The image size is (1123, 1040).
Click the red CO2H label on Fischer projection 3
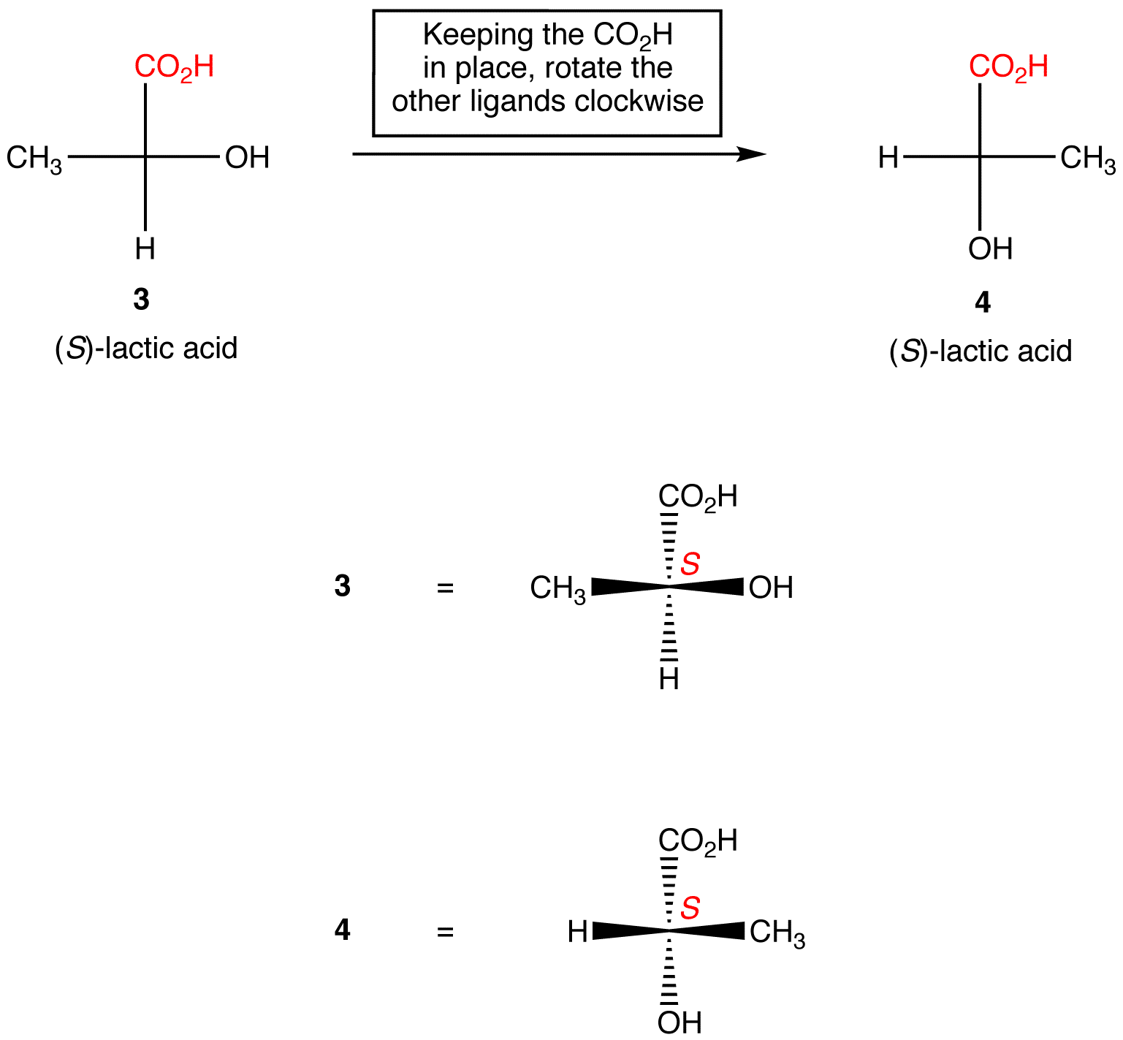pyautogui.click(x=174, y=67)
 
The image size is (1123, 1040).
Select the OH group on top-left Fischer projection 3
pyautogui.click(x=247, y=158)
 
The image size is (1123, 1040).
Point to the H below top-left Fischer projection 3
pyautogui.click(x=145, y=249)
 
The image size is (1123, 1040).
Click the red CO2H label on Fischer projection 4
pyautogui.click(x=1008, y=67)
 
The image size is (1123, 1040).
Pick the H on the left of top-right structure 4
pyautogui.click(x=888, y=157)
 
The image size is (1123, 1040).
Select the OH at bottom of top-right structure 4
pyautogui.click(x=990, y=249)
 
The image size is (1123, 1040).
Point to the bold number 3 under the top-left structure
pyautogui.click(x=142, y=299)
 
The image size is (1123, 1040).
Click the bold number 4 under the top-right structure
pyautogui.click(x=983, y=302)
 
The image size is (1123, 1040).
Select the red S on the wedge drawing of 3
pyautogui.click(x=690, y=563)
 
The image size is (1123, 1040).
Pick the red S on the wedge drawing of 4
pyautogui.click(x=690, y=908)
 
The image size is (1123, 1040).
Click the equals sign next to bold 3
pyautogui.click(x=445, y=588)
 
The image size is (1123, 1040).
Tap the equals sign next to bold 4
pyautogui.click(x=445, y=932)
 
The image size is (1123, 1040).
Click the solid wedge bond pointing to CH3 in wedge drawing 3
pyautogui.click(x=628, y=586)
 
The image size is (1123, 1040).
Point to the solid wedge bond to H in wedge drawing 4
pyautogui.click(x=628, y=930)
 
